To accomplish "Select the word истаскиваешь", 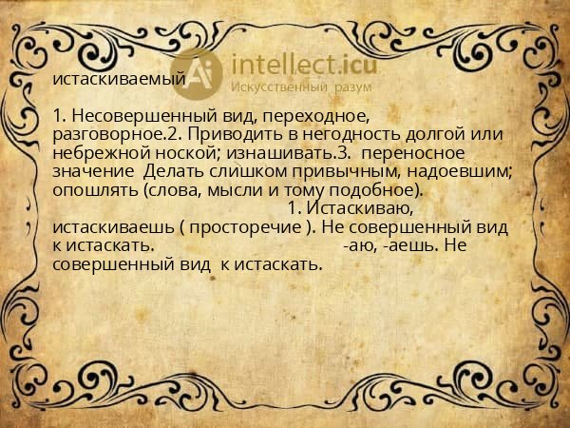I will point(113,228).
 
